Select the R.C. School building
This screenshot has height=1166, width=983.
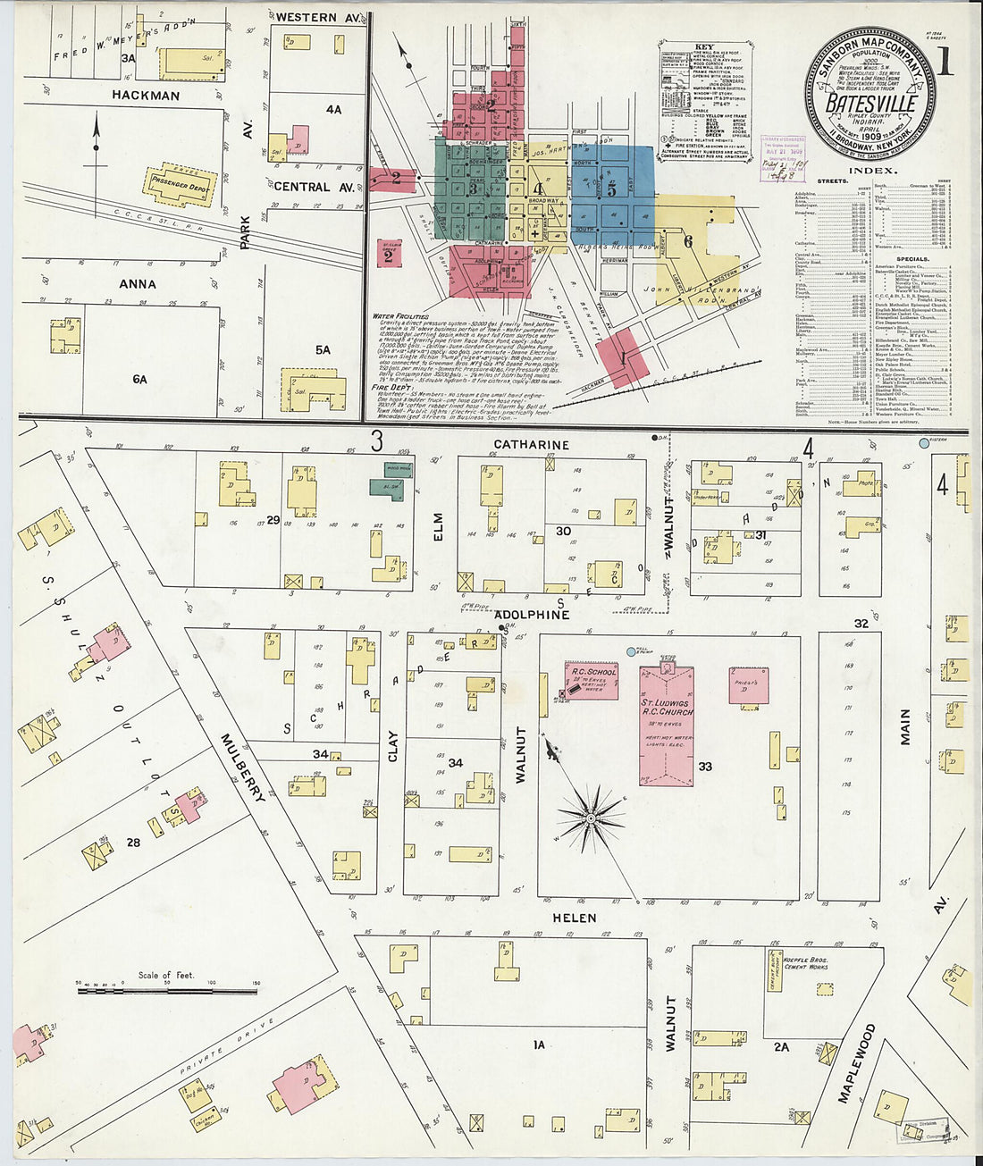[591, 680]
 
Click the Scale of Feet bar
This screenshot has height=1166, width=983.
[167, 990]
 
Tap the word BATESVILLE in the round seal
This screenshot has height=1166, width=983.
[870, 103]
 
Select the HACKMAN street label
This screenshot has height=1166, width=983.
[146, 96]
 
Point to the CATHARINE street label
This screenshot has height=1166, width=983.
[531, 444]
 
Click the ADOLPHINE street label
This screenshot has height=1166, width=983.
[533, 615]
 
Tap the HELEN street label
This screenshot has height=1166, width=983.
[574, 918]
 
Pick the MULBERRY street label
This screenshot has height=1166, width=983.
[242, 767]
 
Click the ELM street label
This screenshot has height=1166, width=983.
[438, 525]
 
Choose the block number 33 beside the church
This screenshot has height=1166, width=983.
[705, 766]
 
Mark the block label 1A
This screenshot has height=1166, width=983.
[538, 1044]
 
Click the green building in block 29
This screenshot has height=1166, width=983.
[387, 488]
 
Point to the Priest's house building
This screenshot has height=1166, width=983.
[748, 685]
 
